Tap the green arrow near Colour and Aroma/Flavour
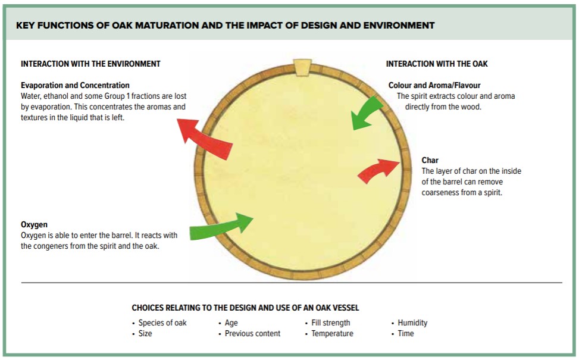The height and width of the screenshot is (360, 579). (367, 111)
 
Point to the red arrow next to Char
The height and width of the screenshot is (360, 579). (378, 170)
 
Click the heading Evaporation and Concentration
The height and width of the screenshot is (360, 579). (75, 85)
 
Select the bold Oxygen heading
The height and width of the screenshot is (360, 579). (34, 225)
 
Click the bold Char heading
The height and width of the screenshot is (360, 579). (430, 160)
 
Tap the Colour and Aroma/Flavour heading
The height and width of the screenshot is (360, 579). (434, 85)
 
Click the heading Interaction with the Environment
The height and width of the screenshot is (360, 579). (90, 64)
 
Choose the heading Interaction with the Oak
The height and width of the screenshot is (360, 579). (437, 64)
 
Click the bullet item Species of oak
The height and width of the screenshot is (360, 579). (162, 323)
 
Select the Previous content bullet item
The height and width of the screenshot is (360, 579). (252, 333)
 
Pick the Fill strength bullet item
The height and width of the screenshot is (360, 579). (331, 323)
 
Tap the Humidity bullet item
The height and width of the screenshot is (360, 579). (412, 323)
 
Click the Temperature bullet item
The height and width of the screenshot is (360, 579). (332, 333)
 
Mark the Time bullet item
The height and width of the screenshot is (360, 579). (406, 333)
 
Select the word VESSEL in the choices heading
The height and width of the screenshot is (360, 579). (344, 308)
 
